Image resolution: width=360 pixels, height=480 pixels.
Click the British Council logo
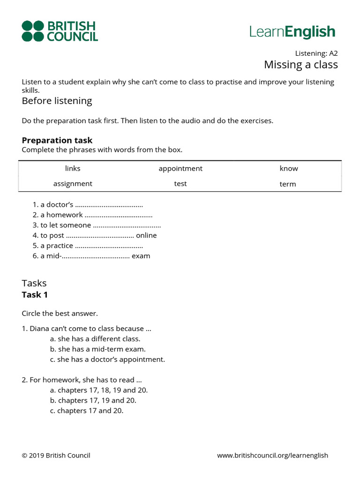tap(60, 31)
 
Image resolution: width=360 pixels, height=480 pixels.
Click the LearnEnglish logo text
tap(292, 32)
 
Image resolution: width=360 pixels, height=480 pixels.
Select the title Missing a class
tap(300, 64)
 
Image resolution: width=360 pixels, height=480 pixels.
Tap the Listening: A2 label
tap(316, 53)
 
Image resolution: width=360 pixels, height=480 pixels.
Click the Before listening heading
tap(57, 101)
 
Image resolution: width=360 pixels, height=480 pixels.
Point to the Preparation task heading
tap(57, 140)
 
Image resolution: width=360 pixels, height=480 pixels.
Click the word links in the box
tap(73, 168)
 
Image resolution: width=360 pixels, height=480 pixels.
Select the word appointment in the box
tap(180, 168)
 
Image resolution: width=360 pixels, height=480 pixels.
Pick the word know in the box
tap(288, 168)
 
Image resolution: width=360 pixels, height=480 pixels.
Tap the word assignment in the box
tap(73, 184)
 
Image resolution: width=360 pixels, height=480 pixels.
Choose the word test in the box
tap(180, 184)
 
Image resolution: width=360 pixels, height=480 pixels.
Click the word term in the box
tap(288, 184)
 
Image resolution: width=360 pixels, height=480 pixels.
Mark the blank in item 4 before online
tap(100, 236)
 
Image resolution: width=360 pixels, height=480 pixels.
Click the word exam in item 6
tap(141, 256)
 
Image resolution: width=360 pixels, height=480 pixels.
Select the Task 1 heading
tap(35, 295)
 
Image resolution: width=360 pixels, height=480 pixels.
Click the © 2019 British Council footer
tap(56, 455)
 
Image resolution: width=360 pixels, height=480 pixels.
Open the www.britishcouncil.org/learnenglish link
tap(272, 455)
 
